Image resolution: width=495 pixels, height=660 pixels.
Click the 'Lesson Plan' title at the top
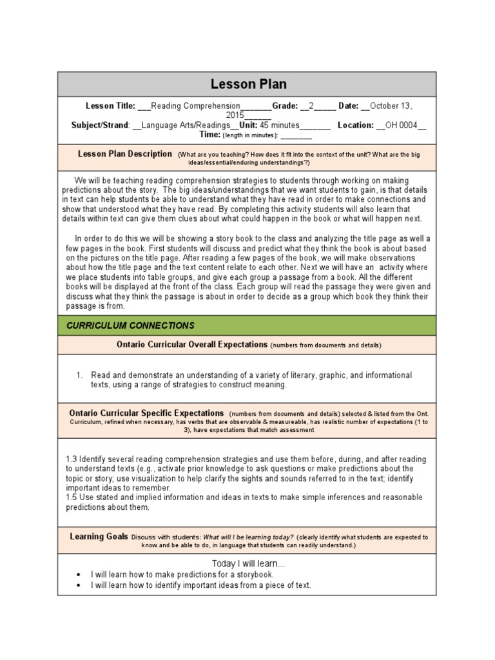[x=248, y=84]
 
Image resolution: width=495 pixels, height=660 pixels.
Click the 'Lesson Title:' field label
[x=111, y=106]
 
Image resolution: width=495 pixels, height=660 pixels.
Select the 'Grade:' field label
[x=285, y=106]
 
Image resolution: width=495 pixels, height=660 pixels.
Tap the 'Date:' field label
[x=348, y=106]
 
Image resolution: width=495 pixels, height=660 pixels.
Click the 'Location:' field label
[x=355, y=125]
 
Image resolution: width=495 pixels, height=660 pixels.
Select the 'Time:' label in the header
[x=210, y=135]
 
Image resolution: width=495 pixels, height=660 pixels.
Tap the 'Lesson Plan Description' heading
[x=124, y=154]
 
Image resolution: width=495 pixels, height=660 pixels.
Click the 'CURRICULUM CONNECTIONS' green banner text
[x=130, y=325]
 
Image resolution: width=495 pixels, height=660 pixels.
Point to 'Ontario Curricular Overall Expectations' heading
[x=191, y=345]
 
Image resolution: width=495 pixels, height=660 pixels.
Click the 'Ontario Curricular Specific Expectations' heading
[x=146, y=412]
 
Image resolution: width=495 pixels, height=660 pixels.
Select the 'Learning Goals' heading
[x=99, y=537]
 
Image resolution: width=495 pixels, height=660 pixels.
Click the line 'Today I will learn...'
[x=248, y=564]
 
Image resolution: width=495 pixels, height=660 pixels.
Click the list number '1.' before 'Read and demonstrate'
[x=80, y=375]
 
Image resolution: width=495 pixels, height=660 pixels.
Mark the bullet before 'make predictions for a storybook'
[x=78, y=574]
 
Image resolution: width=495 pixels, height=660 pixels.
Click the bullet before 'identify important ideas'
[x=78, y=585]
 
